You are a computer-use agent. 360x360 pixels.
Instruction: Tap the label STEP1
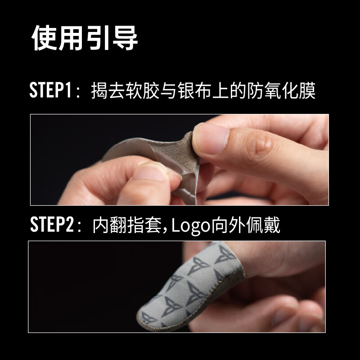(50, 90)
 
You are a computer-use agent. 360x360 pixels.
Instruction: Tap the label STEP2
(51, 225)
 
